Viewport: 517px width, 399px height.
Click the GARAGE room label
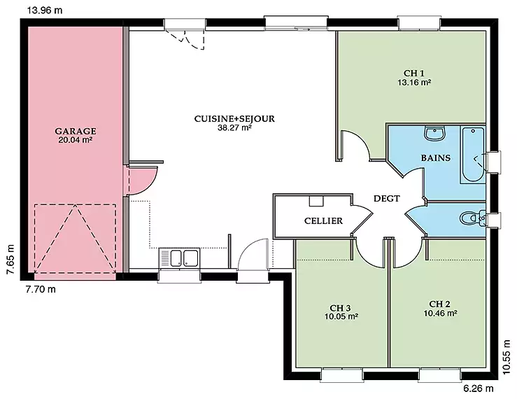click(x=76, y=131)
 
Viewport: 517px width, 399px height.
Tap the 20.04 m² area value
click(x=75, y=140)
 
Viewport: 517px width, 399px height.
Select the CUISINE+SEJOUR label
click(x=234, y=119)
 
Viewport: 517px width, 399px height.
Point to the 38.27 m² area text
click(x=235, y=128)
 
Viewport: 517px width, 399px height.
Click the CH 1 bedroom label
click(x=414, y=73)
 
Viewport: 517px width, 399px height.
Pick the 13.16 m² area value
click(x=414, y=82)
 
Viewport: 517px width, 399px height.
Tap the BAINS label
click(x=436, y=157)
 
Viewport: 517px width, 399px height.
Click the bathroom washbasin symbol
click(x=435, y=133)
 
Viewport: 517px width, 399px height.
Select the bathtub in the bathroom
click(x=473, y=155)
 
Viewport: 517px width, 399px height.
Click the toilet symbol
click(x=472, y=218)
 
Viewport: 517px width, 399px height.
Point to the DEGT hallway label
click(x=387, y=199)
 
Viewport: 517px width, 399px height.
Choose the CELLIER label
click(x=323, y=220)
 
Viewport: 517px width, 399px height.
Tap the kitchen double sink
click(x=179, y=258)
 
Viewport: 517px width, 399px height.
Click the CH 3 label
click(x=340, y=308)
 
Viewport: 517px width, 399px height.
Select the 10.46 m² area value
click(x=440, y=313)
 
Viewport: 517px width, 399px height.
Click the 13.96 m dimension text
click(x=45, y=10)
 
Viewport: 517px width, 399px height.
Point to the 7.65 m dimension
click(x=10, y=260)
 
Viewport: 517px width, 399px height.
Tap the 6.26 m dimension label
click(x=479, y=388)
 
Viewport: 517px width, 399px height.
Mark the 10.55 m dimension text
click(x=507, y=358)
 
